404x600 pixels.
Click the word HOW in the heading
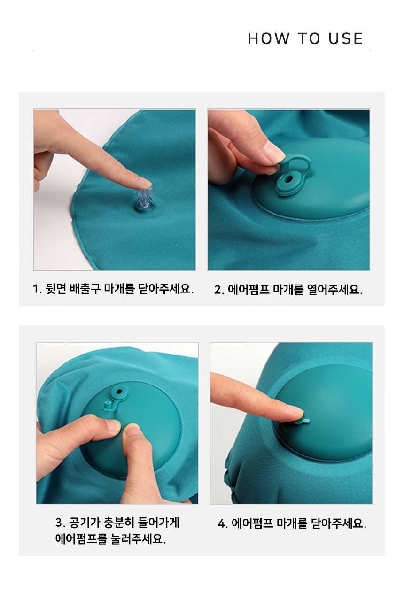click(269, 38)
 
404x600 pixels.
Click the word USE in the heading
click(346, 38)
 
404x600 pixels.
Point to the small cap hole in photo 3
click(118, 392)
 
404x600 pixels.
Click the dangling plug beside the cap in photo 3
click(107, 406)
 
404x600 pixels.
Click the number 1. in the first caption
click(38, 289)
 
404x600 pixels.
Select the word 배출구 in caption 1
click(85, 289)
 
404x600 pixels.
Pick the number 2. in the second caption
click(219, 290)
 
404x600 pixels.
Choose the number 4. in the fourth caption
click(223, 523)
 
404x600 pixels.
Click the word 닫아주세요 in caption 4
click(339, 523)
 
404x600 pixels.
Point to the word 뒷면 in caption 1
click(56, 289)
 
